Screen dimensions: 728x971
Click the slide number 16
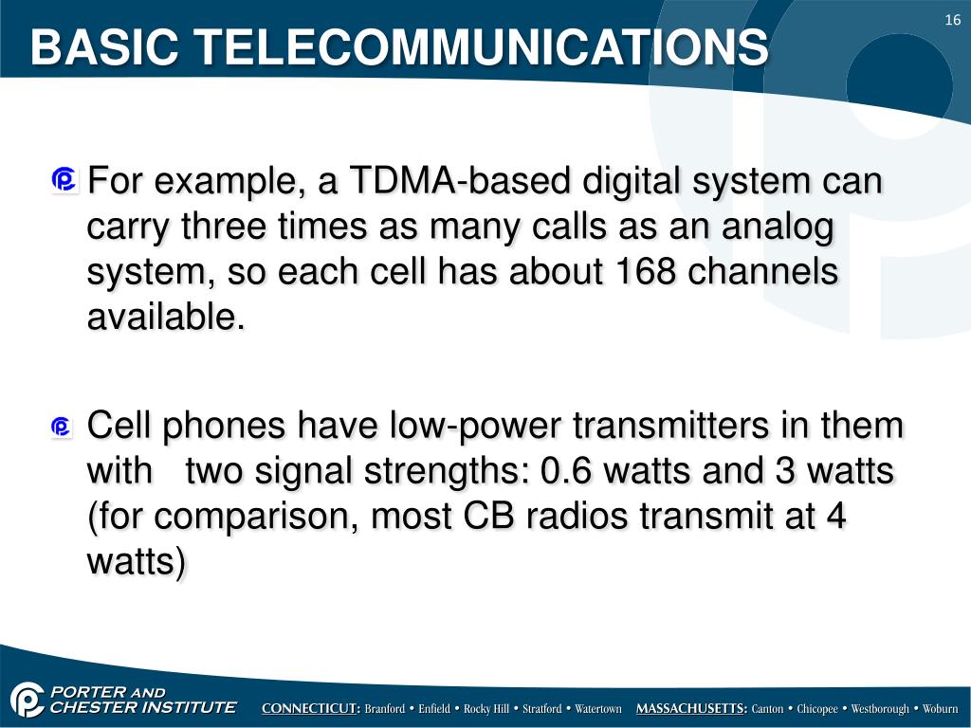[953, 22]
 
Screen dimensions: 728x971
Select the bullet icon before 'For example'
[65, 180]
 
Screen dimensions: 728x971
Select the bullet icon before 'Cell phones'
[63, 428]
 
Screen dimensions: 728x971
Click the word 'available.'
[166, 318]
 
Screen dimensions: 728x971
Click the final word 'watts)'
[137, 563]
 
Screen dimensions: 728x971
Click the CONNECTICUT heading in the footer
[311, 709]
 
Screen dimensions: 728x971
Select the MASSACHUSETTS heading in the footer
[691, 709]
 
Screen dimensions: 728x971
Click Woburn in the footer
[940, 709]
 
